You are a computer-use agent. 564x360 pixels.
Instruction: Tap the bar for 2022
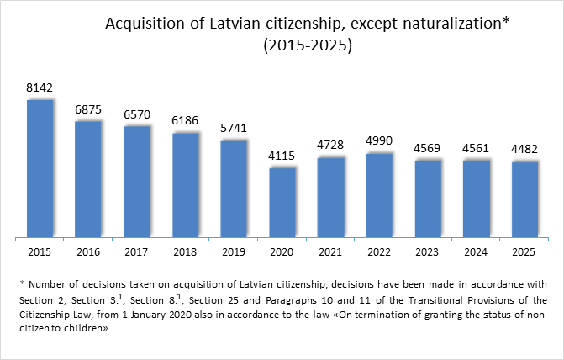380,196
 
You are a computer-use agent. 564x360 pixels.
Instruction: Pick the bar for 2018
185,186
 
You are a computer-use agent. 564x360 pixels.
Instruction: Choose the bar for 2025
524,200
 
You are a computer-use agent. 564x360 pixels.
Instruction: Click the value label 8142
40,88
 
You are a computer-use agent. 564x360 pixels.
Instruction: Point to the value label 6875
88,109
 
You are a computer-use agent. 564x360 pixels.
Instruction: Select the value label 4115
282,156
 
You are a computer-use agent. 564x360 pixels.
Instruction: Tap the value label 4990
380,140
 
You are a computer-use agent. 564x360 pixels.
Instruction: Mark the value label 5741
234,129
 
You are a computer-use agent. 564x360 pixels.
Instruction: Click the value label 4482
524,149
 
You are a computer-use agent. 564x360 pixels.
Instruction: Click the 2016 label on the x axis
88,251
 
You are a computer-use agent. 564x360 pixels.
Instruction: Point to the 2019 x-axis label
234,251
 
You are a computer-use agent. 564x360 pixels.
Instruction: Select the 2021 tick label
331,251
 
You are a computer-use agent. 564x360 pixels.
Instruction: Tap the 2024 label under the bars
477,251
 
